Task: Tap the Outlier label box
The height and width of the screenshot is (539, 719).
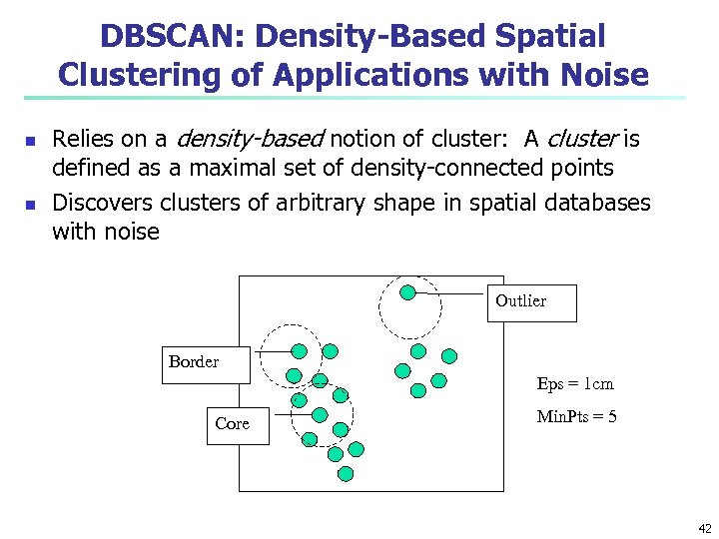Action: click(520, 300)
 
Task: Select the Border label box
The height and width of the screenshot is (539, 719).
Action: click(193, 362)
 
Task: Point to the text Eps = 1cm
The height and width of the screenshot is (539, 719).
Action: click(575, 384)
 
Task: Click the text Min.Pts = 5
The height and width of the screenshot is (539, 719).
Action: click(576, 416)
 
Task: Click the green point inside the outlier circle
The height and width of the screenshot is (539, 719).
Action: click(407, 292)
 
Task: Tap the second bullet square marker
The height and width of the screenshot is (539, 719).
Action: click(29, 206)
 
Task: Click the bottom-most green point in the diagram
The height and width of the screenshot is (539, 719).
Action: click(347, 473)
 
